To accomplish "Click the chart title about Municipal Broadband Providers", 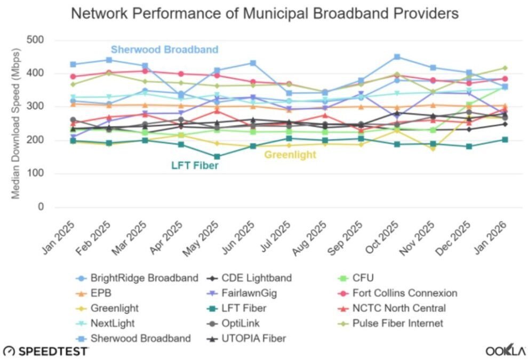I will [x=265, y=14].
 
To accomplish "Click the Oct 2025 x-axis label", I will [x=385, y=235].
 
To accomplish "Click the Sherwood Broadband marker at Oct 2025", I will [x=397, y=57].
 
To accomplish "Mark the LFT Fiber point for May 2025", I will [x=217, y=157].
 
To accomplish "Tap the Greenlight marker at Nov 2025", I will [x=433, y=149].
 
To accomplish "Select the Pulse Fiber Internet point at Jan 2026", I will [x=505, y=68].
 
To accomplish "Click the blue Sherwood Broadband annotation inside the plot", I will [x=164, y=50].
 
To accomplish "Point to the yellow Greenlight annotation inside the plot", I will [x=290, y=155].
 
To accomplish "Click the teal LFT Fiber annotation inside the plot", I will [x=195, y=166].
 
